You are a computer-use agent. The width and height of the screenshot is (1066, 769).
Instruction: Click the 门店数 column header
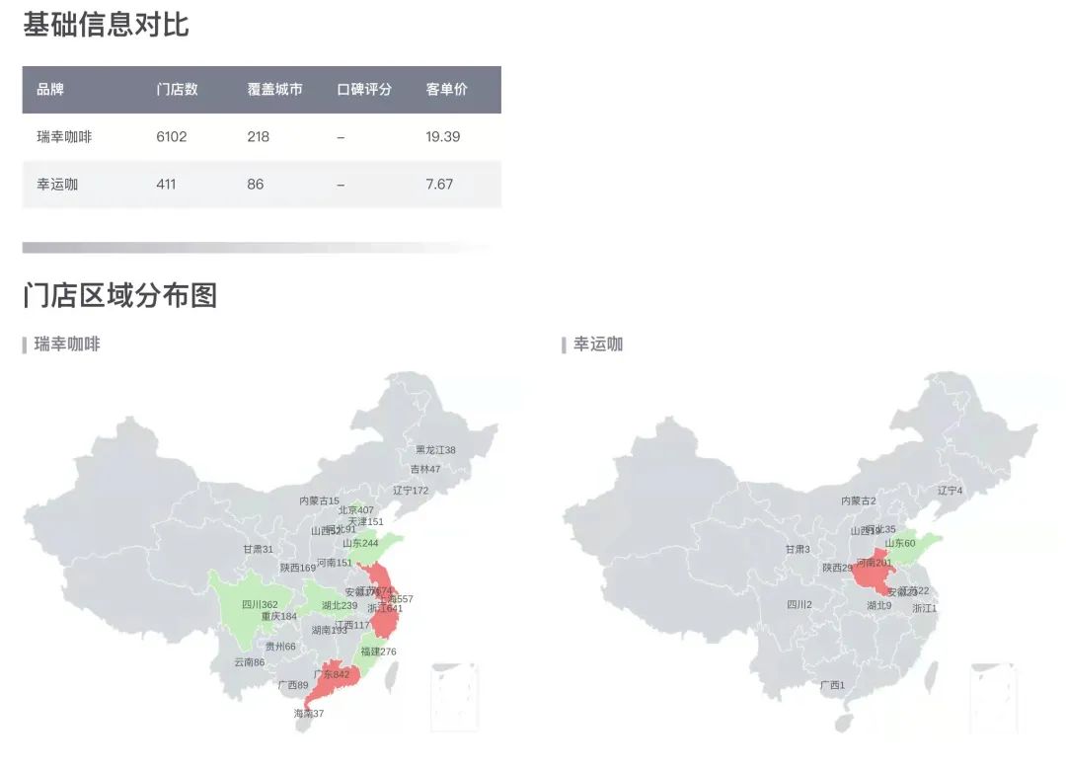[177, 90]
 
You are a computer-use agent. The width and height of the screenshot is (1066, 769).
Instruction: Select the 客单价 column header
[446, 90]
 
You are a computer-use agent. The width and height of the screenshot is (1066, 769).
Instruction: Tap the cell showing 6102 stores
[171, 137]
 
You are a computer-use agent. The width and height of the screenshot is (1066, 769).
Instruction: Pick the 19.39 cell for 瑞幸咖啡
[442, 137]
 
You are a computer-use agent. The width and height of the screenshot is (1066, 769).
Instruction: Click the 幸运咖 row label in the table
[57, 185]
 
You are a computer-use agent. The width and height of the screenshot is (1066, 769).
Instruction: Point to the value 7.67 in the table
[439, 185]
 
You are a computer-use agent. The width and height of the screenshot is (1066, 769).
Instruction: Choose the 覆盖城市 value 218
[258, 137]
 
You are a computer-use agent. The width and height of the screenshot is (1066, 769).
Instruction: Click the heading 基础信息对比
[106, 25]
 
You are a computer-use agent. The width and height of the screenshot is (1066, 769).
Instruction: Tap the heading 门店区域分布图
[119, 294]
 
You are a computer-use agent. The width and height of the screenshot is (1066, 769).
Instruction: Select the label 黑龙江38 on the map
[435, 450]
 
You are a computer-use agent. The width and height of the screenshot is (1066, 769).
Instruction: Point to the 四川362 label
[260, 605]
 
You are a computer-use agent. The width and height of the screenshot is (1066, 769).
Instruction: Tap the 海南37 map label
[308, 714]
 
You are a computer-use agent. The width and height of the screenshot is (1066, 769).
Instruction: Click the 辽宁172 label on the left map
[411, 491]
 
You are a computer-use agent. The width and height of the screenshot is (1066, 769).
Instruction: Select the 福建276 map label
[378, 652]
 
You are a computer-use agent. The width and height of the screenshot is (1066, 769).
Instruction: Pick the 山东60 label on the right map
[899, 543]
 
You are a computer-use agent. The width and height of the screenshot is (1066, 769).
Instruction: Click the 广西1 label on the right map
[832, 685]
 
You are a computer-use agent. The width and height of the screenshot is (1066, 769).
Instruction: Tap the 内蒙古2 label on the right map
[858, 501]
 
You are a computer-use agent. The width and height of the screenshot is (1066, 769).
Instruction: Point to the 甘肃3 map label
[798, 550]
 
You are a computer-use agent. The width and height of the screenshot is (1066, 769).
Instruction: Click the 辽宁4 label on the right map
[950, 491]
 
